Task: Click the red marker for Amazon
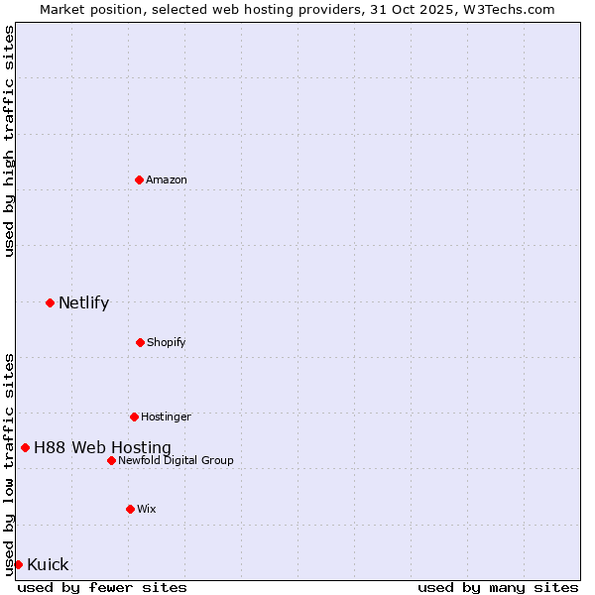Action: coord(139,179)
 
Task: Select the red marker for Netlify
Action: coord(50,302)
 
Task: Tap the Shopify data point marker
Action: coord(140,342)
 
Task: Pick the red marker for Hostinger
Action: coord(134,416)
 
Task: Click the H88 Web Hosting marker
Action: coord(25,447)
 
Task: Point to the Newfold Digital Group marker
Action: coord(111,460)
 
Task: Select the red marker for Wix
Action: coord(130,509)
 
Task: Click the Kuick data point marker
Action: coord(18,564)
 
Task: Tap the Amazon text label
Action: coord(167,179)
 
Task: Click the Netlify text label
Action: coord(83,302)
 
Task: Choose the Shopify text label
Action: coord(166,342)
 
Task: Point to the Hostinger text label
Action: coord(166,416)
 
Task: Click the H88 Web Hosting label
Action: coord(102,447)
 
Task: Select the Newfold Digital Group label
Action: coord(176,460)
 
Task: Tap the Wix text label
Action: coord(147,509)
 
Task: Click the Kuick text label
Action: coord(48,564)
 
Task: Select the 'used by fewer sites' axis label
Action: coord(102,587)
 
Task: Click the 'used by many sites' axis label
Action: coord(498,587)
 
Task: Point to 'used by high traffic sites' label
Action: coord(9,141)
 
